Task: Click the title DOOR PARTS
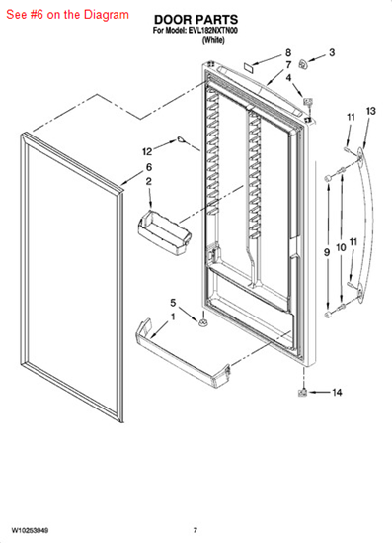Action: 196,19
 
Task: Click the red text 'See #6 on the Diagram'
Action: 67,15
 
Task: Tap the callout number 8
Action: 288,52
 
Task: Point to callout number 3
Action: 332,52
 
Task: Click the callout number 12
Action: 147,151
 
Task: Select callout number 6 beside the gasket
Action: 149,167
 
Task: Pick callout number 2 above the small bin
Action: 148,181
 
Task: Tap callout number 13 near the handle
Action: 370,111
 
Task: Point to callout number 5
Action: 173,303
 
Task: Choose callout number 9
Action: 327,252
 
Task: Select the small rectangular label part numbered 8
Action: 248,66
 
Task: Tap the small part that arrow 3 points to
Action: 303,64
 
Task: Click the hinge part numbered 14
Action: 303,393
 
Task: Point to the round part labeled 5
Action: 203,322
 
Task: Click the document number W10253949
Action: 31,530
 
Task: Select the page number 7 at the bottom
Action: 196,530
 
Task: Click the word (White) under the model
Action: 213,40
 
